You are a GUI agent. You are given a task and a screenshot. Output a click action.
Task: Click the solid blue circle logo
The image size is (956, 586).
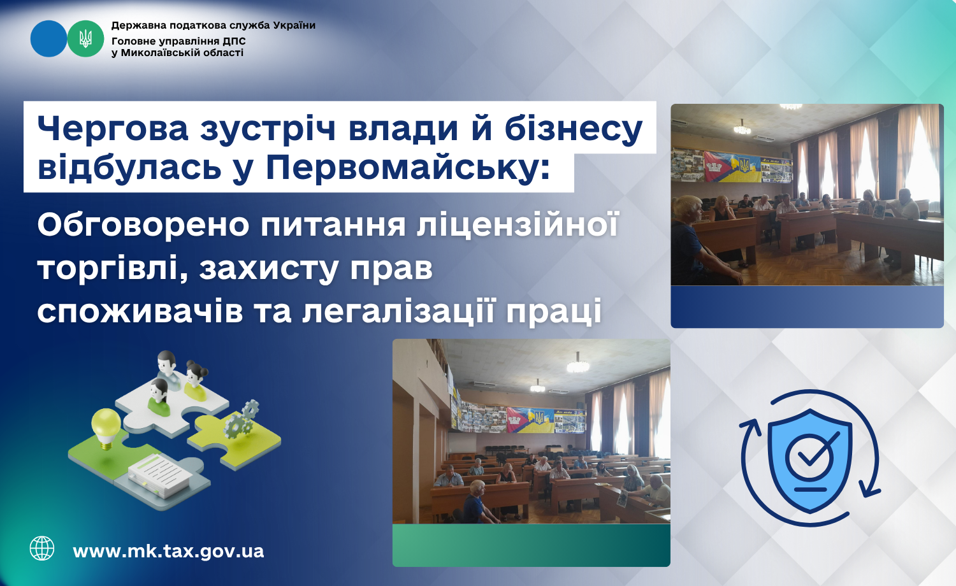click(48, 39)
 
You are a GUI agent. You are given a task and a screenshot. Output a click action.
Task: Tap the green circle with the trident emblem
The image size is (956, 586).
click(86, 39)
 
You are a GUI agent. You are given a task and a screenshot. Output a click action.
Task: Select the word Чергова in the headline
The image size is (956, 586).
click(113, 129)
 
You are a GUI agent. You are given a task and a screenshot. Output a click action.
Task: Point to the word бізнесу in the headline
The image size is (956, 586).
click(574, 129)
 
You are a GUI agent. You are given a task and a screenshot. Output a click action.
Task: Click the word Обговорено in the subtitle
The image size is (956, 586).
click(143, 225)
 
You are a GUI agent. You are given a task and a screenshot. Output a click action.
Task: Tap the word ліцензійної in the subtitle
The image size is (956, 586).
click(518, 224)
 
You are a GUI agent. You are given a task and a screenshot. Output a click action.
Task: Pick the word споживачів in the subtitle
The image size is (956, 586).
click(140, 311)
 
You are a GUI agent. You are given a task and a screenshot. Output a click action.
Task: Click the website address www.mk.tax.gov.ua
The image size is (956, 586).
click(169, 550)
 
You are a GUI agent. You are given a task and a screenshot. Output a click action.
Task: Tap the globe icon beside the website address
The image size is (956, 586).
click(42, 548)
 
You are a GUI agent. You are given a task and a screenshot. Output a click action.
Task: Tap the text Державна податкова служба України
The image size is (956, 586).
click(214, 25)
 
